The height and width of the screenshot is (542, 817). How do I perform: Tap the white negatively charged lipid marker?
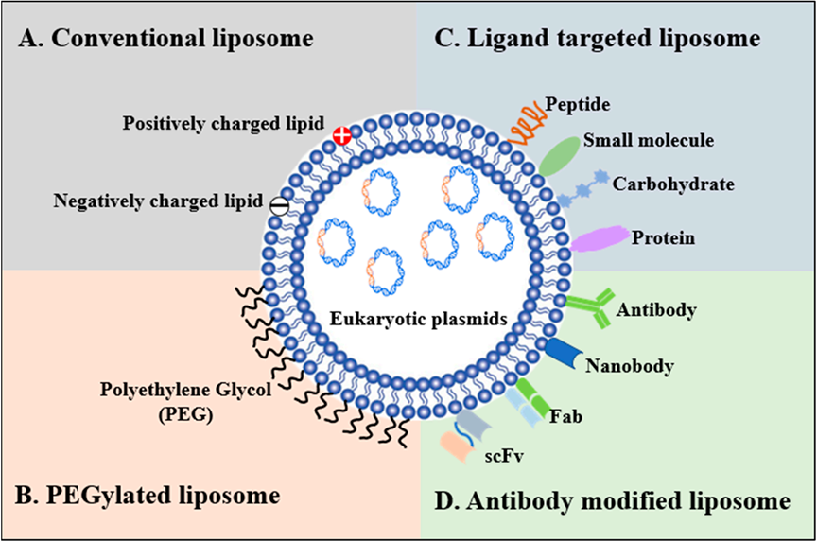(280, 201)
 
